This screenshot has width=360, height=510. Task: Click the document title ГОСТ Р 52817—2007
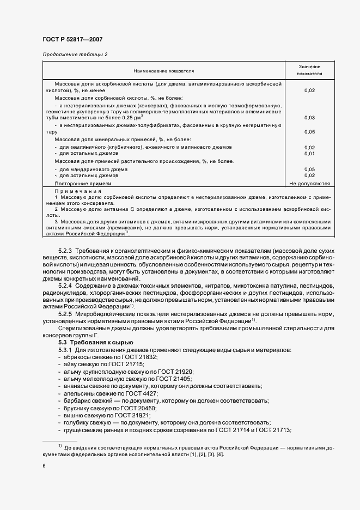click(x=72, y=39)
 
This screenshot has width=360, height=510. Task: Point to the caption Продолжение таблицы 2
click(x=75, y=54)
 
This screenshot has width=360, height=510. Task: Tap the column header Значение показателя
click(x=309, y=69)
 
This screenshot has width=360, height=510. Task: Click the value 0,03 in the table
click(x=309, y=118)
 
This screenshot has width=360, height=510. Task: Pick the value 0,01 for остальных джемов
click(x=309, y=153)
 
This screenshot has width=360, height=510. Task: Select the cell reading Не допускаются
click(x=309, y=184)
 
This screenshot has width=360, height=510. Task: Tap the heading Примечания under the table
click(x=78, y=192)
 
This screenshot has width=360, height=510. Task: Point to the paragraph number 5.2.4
click(x=65, y=286)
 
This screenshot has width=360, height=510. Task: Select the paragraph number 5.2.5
click(x=65, y=314)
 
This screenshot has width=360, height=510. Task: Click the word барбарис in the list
click(x=74, y=400)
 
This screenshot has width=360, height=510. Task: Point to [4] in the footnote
click(x=219, y=454)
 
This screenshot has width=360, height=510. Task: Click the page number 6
click(x=44, y=466)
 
